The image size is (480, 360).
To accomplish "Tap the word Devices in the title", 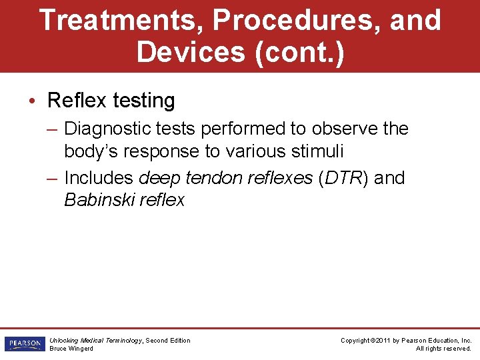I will [x=191, y=51].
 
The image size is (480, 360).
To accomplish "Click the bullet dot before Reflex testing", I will [x=33, y=101].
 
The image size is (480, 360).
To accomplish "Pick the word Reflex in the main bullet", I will [x=77, y=101].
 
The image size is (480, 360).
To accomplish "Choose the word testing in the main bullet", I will [x=143, y=101].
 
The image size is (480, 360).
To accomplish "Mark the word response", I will [x=159, y=151].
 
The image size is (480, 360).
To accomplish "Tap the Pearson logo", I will [x=24, y=344].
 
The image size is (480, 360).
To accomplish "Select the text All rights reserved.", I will [x=443, y=349].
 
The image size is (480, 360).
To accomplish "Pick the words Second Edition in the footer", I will [x=168, y=341].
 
